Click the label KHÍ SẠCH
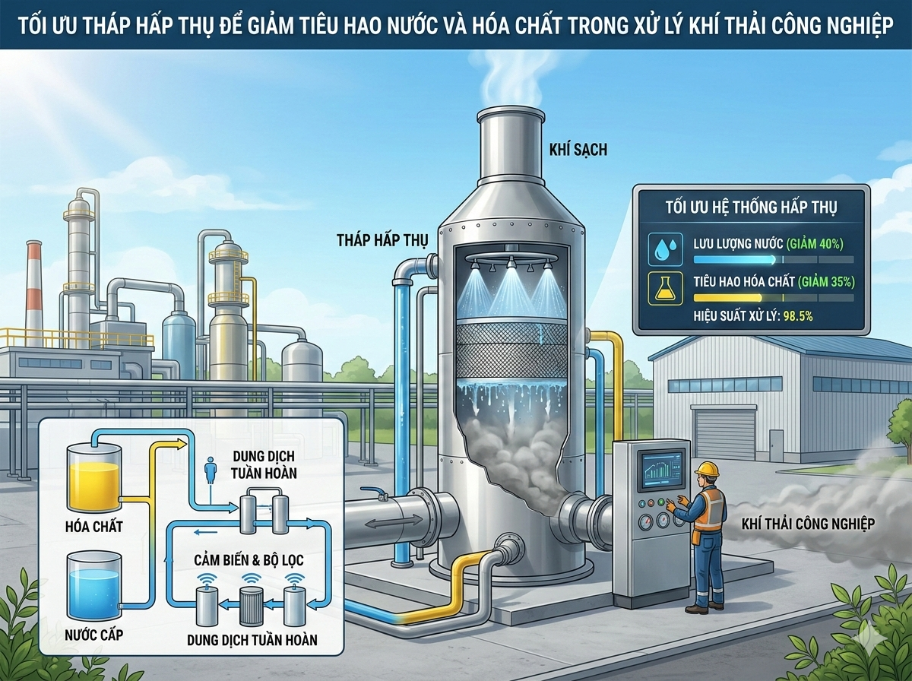578,150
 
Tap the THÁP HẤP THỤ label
382,240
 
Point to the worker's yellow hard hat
707,469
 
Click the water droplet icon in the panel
660,248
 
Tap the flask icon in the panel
660,287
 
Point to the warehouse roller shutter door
725,432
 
